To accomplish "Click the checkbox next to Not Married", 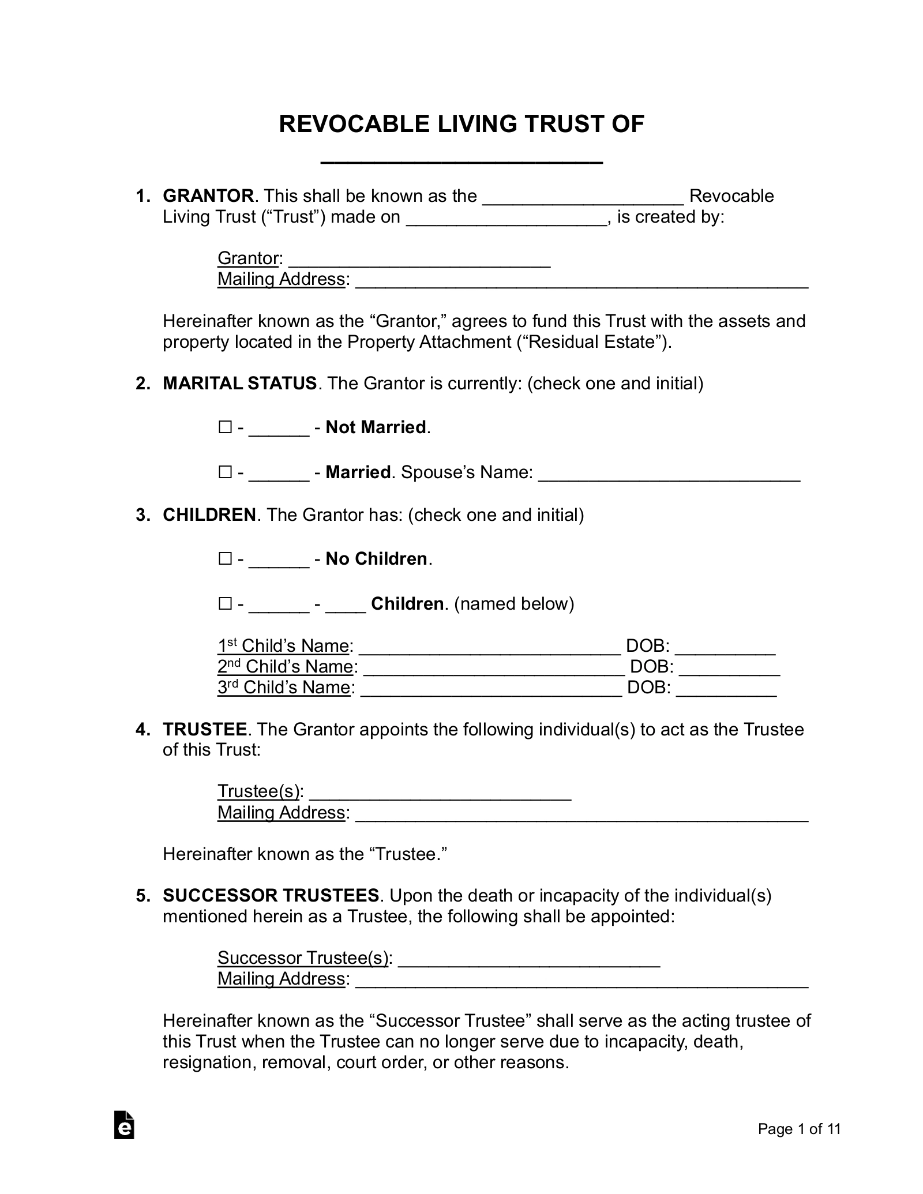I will pyautogui.click(x=224, y=427).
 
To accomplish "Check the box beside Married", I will pyautogui.click(x=224, y=472).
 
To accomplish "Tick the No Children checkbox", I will pyautogui.click(x=224, y=559).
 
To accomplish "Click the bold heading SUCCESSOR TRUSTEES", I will pyautogui.click(x=271, y=896).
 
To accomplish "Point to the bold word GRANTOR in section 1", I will pyautogui.click(x=208, y=196).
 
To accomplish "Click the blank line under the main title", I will pyautogui.click(x=461, y=159).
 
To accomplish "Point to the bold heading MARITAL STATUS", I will pyautogui.click(x=239, y=384).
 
